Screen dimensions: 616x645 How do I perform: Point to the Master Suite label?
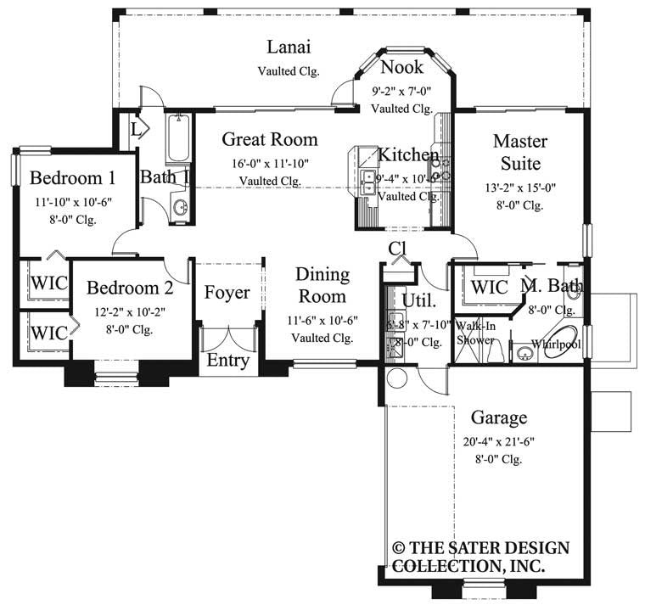[519, 151]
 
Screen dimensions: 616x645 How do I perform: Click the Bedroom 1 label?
[72, 178]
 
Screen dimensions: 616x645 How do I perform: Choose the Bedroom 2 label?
[130, 288]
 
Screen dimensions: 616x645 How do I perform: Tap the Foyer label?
[227, 293]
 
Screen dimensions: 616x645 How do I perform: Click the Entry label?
[228, 361]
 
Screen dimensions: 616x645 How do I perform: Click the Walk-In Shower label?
[474, 333]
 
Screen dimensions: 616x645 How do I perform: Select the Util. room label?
[420, 300]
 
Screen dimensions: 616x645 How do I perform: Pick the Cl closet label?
[397, 248]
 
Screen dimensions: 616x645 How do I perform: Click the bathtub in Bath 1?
[178, 137]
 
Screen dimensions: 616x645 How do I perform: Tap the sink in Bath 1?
[180, 206]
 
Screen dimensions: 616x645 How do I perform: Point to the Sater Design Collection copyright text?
[480, 557]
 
